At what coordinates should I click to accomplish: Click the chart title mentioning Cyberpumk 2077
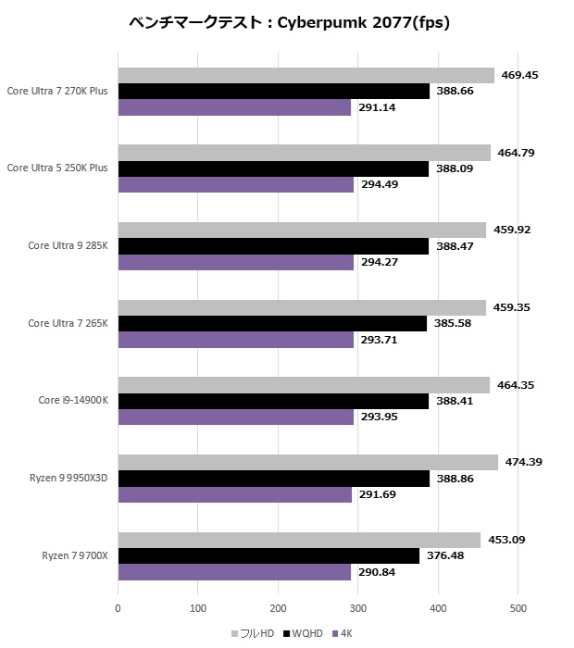tap(289, 23)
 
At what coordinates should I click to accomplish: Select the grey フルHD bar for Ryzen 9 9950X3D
tap(307, 462)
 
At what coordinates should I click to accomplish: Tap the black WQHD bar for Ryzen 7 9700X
tap(268, 555)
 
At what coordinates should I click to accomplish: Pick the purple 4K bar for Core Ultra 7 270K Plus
tap(234, 107)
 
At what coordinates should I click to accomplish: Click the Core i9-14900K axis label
tap(73, 400)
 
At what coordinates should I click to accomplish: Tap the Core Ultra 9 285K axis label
tap(68, 245)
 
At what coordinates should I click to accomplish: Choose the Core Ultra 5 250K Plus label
tap(56, 168)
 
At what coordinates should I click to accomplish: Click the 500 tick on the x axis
tap(518, 608)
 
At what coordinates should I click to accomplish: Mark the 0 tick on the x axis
tap(118, 608)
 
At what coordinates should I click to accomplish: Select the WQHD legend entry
tap(306, 633)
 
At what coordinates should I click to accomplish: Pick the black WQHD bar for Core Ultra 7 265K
tap(272, 323)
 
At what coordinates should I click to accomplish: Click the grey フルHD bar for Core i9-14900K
tap(304, 385)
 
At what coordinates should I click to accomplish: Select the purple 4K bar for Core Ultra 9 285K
tap(235, 262)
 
